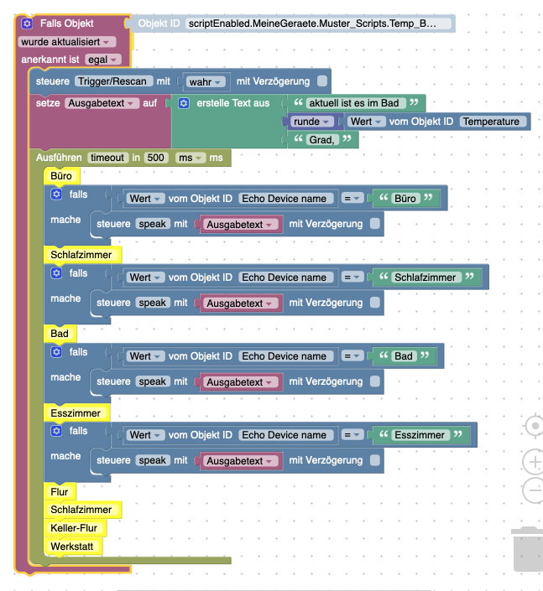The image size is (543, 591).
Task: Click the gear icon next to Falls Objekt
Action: pos(27,23)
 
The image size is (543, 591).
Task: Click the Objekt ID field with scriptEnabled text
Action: pos(318,23)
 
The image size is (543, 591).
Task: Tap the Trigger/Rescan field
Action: pos(113,81)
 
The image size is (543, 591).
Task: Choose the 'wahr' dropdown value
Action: pos(206,82)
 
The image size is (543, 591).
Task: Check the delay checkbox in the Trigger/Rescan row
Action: pos(322,81)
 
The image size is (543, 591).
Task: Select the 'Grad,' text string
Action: pos(322,140)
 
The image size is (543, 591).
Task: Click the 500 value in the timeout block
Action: pos(156,158)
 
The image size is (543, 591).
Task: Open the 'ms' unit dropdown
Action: pos(191,158)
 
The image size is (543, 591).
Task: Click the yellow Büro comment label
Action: pos(61,176)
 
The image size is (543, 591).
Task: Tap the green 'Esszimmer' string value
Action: pos(420,435)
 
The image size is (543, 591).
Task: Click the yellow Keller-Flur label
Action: pos(75,528)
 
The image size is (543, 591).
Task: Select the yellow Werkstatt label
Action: pos(72,547)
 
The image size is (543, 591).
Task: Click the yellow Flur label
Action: pos(60,492)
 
